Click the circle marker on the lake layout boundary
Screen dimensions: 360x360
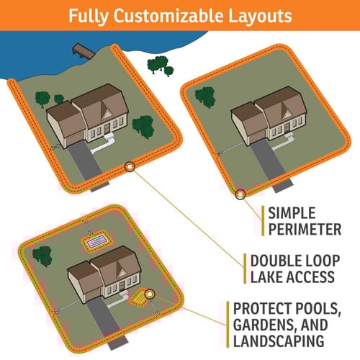click(129, 166)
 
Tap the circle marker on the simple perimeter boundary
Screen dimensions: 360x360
click(240, 194)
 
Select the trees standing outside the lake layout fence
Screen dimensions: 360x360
click(160, 66)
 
